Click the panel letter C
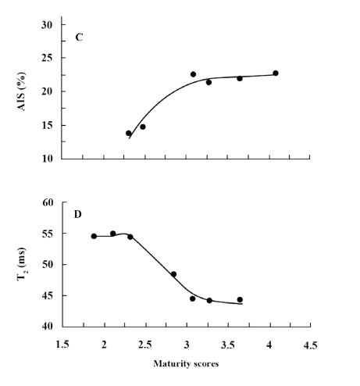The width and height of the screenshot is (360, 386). point(77,37)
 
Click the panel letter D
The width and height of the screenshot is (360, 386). point(77,213)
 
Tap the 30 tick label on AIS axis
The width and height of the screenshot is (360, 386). point(47,25)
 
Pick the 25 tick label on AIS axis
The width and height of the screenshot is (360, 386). point(47,58)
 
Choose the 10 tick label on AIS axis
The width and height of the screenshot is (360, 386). point(47,159)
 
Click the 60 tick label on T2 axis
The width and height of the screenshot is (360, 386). point(47,202)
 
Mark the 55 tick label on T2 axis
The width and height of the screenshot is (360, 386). point(47,234)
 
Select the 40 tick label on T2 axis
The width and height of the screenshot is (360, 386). point(47,327)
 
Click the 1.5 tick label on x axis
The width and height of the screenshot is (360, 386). point(62,345)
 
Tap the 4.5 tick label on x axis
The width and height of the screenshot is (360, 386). point(310,345)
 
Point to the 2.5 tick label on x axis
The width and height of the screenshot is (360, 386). point(145,345)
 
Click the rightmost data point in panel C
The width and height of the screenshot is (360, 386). point(276,73)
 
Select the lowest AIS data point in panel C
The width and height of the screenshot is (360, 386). point(129,134)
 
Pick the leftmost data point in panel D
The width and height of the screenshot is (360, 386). point(94,236)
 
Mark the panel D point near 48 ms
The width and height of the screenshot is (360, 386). point(173,274)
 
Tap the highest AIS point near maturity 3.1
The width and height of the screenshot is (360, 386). point(193,74)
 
